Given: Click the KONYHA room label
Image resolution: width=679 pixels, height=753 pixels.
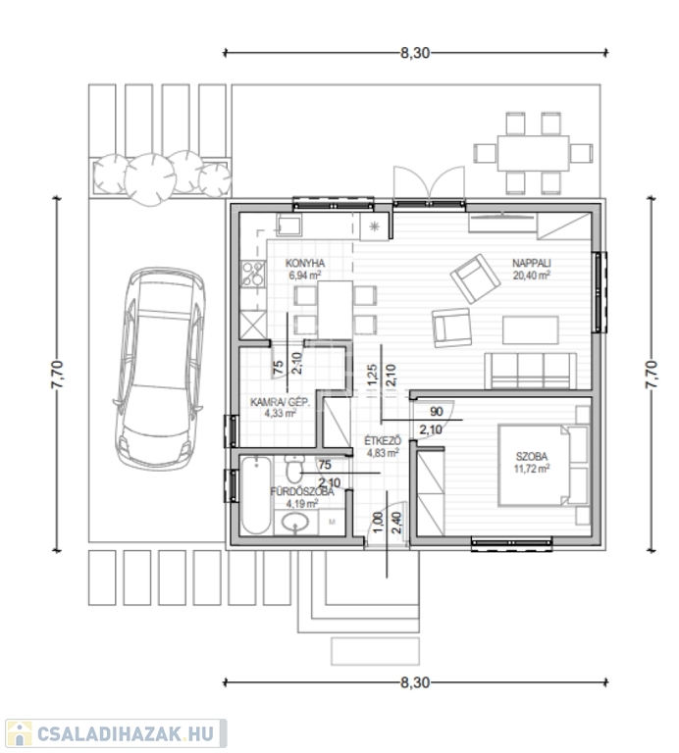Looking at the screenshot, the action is (x=305, y=263).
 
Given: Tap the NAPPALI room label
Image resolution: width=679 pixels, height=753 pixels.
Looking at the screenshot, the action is (x=532, y=263).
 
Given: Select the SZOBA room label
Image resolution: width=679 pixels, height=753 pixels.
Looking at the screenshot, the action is (x=532, y=457).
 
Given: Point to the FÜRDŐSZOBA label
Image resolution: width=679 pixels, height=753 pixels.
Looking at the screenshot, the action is (x=302, y=492).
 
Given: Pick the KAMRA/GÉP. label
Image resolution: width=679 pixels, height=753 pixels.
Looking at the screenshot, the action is (x=281, y=402).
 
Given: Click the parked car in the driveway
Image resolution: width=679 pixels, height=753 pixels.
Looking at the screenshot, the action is (x=160, y=369).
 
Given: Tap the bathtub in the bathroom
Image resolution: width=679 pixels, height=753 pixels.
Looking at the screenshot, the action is (x=257, y=495).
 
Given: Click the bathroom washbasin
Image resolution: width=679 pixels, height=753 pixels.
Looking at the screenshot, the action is (x=295, y=522).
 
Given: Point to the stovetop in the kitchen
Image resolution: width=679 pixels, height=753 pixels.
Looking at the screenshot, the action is (x=253, y=274).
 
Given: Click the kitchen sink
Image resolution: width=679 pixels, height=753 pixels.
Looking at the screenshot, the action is (x=288, y=226).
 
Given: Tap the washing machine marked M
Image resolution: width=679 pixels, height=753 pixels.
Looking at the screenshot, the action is (x=332, y=522).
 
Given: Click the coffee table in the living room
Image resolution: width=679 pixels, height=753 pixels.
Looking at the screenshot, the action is (x=531, y=329).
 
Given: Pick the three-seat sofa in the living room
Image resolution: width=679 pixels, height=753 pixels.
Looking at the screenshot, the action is (x=531, y=371).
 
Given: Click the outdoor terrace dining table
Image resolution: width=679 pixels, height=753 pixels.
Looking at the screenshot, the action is (x=534, y=153).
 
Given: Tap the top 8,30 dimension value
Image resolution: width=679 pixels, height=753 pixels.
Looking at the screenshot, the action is (x=415, y=53).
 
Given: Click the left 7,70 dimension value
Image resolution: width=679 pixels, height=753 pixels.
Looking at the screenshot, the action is (x=57, y=375).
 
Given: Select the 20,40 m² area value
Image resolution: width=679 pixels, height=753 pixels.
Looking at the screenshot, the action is (x=532, y=276).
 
